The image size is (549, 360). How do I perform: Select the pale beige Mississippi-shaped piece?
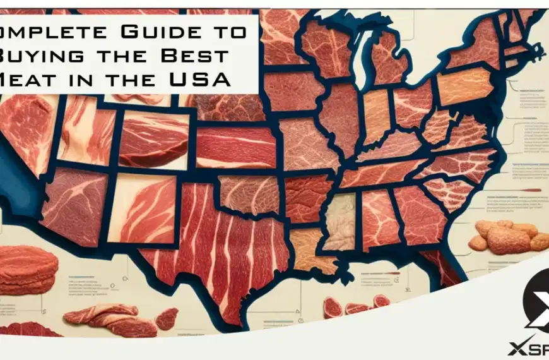pos(341,221)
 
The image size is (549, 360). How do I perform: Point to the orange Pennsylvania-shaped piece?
pos(464,87)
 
